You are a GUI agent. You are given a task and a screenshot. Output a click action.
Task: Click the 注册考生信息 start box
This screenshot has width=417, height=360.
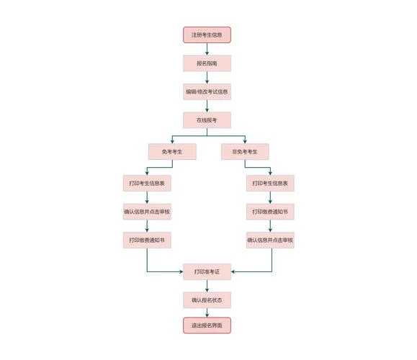207,35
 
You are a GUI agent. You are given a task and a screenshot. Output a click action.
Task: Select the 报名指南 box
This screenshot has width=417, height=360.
207,63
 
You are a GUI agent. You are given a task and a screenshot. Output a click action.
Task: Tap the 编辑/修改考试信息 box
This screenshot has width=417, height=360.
207,91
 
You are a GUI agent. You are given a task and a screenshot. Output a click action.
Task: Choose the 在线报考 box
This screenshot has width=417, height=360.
207,120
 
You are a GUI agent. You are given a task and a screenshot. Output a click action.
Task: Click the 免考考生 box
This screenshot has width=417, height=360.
172,152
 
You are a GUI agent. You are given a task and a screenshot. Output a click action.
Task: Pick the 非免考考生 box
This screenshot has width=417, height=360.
245,152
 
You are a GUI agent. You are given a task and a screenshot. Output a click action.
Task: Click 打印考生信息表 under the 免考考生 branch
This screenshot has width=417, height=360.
147,183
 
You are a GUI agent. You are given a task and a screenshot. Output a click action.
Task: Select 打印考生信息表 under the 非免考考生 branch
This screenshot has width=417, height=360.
270,183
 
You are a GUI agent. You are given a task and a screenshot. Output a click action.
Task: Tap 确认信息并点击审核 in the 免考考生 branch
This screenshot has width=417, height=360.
147,212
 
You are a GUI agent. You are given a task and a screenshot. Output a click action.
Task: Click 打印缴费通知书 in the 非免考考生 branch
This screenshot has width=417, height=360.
270,212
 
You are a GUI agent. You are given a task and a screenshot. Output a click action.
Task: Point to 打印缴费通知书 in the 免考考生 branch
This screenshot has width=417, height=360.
147,240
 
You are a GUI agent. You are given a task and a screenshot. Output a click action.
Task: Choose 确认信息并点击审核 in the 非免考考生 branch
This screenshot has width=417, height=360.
270,240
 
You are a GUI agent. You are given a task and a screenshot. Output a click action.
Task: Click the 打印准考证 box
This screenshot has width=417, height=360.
207,271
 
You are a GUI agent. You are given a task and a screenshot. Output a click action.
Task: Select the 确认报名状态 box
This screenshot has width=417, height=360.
207,300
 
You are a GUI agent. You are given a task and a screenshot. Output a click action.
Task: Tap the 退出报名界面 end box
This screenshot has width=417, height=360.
207,325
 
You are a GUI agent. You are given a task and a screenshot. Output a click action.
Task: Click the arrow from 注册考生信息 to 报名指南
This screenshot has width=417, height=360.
207,49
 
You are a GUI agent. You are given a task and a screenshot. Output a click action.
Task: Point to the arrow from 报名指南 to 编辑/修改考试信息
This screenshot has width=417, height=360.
207,78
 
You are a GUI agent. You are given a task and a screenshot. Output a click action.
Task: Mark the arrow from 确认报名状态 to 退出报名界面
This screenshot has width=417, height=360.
207,312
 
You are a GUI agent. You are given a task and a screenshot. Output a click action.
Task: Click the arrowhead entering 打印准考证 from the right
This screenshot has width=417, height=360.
233,271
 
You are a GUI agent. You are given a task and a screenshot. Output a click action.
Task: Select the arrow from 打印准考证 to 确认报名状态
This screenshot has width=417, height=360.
207,286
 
